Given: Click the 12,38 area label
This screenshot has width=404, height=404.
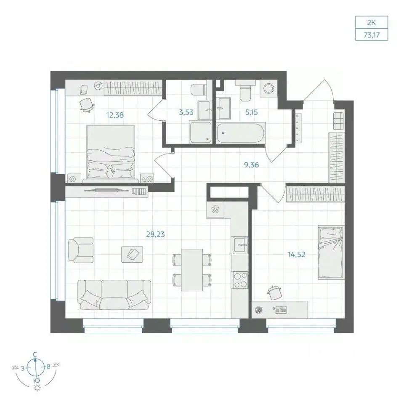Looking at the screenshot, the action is pos(115,115).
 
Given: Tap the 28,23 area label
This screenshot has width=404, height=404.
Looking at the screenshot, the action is pos(155,234).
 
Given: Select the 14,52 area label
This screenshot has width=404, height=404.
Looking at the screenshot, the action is pos(296,255).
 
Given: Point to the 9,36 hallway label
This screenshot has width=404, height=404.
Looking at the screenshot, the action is pos(252,165).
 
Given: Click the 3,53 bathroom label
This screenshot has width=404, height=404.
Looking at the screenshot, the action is pos(186,112).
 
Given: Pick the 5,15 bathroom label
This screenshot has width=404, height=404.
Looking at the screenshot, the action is pos(252,112).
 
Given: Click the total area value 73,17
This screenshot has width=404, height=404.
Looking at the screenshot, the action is pos(372,35).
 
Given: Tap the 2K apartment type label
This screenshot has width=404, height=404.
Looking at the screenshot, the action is pos(372,23).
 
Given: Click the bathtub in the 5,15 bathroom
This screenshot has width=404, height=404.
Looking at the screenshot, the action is pos(241,133).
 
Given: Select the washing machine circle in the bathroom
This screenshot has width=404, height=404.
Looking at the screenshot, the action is pos(268,88).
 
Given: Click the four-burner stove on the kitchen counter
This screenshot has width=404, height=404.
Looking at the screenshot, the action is pos(241,280).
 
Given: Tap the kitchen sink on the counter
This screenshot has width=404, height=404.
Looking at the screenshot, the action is pos(240,245).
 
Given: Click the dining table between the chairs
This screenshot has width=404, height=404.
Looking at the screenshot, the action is pos(192,270).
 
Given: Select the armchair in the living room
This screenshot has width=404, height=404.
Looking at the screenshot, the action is pos(81,250).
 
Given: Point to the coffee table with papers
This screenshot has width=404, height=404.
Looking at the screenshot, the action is pos(132,254).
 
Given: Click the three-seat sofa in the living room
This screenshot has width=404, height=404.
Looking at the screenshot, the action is pos(114,295).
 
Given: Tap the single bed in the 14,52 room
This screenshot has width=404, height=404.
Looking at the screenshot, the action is pos(331,252).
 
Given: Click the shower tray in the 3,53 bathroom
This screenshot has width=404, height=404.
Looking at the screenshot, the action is pos(200,133).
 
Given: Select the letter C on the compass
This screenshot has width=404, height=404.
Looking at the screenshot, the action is pos(35,355).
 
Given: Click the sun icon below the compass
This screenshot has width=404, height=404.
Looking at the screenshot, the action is pos(37,388).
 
